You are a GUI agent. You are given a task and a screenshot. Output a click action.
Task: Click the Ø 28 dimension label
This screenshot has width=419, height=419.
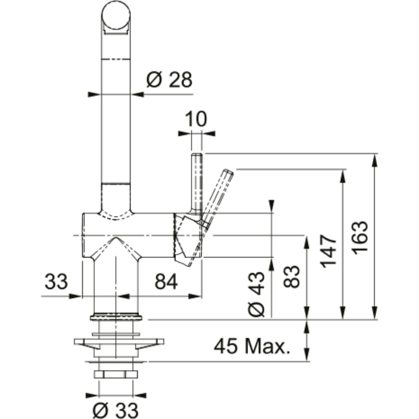click(169, 80)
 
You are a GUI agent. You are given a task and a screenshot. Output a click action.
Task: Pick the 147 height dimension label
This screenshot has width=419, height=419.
click(329, 251)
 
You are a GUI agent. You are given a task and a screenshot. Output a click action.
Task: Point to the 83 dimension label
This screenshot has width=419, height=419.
click(291, 276)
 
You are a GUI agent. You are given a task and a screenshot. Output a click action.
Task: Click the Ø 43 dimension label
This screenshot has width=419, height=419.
click(256, 294)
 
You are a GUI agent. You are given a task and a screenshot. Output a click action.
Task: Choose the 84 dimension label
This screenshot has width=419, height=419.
click(166, 281)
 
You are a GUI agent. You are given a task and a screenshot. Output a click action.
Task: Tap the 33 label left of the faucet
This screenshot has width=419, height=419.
click(56, 281)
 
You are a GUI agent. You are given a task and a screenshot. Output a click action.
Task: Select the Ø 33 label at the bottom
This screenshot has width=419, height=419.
click(116, 409)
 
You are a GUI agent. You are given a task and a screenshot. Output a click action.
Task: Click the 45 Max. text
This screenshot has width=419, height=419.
click(252, 346)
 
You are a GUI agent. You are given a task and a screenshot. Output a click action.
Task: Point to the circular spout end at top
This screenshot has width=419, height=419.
click(116, 15)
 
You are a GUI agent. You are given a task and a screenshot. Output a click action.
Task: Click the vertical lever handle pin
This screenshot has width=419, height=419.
click(196, 184)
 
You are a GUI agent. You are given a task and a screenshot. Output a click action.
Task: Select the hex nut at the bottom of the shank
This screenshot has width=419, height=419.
click(116, 374)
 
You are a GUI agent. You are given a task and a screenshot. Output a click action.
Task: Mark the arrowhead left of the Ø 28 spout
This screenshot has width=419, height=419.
click(94, 94)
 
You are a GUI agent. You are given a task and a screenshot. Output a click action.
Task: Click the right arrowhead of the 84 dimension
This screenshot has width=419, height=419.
click(195, 296)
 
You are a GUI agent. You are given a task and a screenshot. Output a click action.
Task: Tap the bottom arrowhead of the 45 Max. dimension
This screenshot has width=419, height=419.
click(307, 355)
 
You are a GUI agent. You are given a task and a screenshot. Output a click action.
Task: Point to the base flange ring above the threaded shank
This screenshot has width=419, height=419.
click(116, 317)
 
